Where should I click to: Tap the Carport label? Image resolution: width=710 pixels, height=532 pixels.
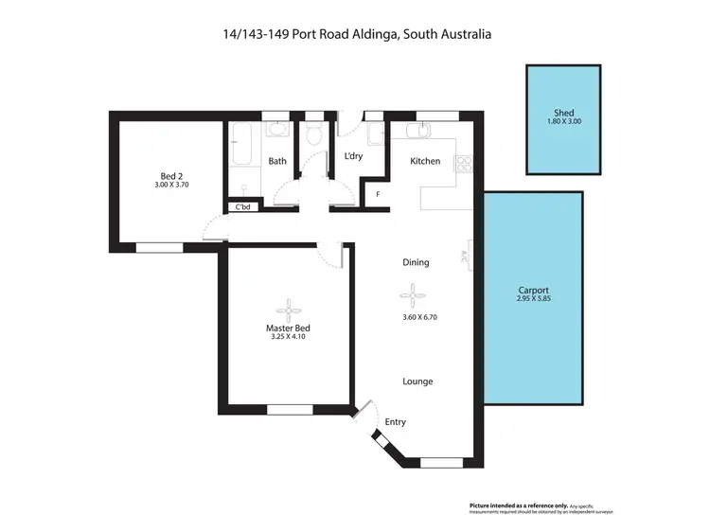534,291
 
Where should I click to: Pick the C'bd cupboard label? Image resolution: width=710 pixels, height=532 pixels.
242,207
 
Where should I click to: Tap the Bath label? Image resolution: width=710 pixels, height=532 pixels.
277,161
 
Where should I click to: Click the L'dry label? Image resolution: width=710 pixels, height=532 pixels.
353,155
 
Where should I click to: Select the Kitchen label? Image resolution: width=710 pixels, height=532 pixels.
425,161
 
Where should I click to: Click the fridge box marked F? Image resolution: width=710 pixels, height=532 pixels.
379,195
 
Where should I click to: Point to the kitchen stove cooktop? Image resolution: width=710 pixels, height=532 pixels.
463,165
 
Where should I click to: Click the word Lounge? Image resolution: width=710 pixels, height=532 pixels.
417,381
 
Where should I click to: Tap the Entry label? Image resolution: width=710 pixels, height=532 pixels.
395,422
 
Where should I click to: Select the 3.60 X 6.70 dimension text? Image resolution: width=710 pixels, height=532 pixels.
419,317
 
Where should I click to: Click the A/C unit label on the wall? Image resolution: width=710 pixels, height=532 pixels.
465,256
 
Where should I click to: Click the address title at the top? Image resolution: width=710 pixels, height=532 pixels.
355,34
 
